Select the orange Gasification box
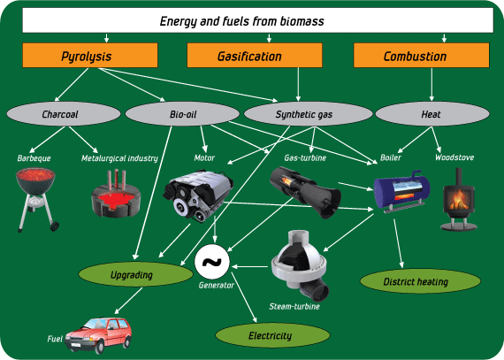click(x=249, y=56)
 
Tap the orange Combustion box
click(x=415, y=56)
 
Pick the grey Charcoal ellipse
click(x=60, y=114)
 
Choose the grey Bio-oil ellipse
click(x=182, y=114)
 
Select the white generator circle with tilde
click(x=212, y=262)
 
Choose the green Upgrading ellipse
click(x=132, y=275)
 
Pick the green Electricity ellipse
click(x=270, y=336)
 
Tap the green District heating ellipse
click(x=421, y=282)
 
